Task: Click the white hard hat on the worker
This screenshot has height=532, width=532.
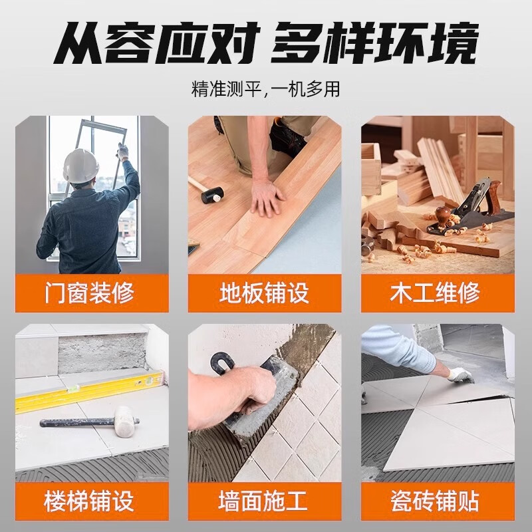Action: [80, 166]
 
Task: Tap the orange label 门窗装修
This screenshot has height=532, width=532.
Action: [92, 293]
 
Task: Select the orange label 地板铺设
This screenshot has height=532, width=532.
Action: [265, 293]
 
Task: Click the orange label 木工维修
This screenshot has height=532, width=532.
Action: [438, 293]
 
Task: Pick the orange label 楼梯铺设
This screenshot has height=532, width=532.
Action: [92, 501]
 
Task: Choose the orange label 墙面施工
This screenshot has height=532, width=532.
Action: [265, 501]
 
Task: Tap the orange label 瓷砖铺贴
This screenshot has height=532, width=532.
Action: [438, 501]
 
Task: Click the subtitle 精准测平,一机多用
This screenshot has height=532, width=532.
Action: [265, 89]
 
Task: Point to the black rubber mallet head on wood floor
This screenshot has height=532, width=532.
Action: [212, 195]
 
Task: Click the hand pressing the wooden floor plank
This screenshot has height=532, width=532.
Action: [267, 198]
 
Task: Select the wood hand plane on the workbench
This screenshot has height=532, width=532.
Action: [470, 210]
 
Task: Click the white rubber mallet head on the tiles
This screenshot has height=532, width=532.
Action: [124, 421]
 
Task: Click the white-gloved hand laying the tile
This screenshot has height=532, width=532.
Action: [460, 375]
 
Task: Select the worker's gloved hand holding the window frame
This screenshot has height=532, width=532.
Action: [123, 152]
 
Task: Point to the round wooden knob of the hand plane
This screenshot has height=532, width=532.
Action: [443, 213]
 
